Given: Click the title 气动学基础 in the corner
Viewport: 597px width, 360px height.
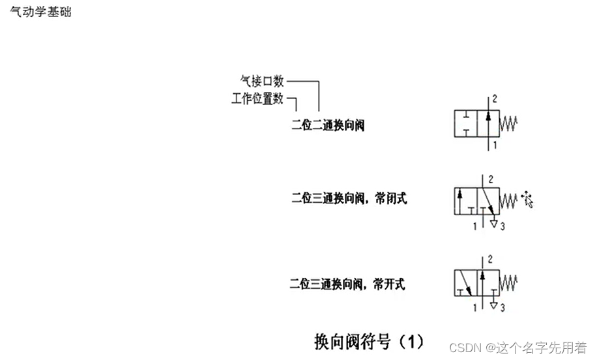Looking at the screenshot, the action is pyautogui.click(x=40, y=12).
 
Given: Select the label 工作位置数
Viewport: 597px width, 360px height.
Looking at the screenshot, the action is pyautogui.click(x=257, y=99).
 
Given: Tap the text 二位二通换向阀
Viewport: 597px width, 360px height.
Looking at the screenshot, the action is pyautogui.click(x=328, y=125).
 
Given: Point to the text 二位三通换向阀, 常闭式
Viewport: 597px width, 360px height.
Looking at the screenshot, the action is pyautogui.click(x=349, y=199).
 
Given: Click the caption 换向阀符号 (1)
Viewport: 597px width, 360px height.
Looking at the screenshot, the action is pyautogui.click(x=369, y=340).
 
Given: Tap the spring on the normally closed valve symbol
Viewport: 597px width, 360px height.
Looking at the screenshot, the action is pyautogui.click(x=508, y=202).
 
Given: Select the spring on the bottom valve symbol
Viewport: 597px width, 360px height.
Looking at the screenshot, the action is pyautogui.click(x=508, y=282).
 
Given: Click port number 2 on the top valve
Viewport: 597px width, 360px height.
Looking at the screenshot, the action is pyautogui.click(x=495, y=99).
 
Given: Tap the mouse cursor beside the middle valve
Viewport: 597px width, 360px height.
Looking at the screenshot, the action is pyautogui.click(x=527, y=200).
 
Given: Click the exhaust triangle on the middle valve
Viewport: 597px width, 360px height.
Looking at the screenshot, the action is pyautogui.click(x=494, y=224).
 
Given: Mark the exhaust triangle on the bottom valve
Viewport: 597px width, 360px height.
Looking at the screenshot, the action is pyautogui.click(x=494, y=304).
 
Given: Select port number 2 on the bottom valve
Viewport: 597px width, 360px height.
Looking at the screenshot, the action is pyautogui.click(x=489, y=260).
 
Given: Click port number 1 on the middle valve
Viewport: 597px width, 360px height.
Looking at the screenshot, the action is pyautogui.click(x=474, y=226).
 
